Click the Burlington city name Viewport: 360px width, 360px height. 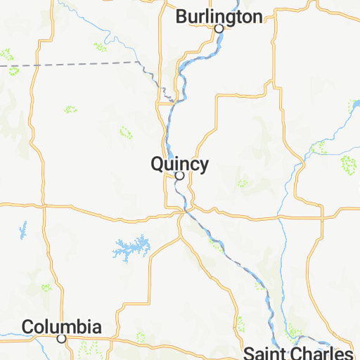209,16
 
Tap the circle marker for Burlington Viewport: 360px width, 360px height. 219,29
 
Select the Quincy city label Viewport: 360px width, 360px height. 179,164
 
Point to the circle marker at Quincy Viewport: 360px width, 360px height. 179,176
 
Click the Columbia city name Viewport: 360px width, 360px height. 61,326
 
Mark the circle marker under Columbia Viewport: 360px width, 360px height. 61,338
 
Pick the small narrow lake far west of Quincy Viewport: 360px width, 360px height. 22,229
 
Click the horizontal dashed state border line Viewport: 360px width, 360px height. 70,64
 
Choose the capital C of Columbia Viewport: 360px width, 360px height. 29,327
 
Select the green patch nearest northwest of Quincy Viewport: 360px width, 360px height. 126,131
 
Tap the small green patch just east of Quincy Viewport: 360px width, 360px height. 243,184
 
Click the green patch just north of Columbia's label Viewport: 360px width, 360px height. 46,287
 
